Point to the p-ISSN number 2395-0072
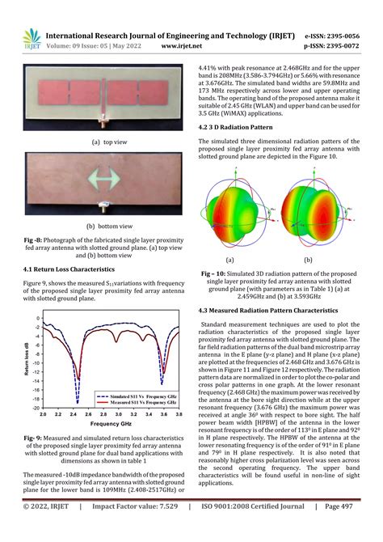click(x=338, y=46)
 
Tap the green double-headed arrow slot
click(x=103, y=177)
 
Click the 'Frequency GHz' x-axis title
click(x=112, y=423)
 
